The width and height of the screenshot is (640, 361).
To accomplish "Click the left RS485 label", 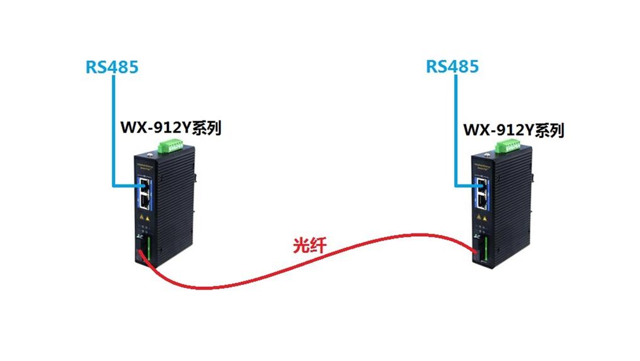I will click(x=112, y=67).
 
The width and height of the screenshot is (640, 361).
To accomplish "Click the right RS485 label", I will click(x=452, y=66).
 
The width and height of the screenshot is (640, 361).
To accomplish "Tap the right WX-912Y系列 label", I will click(x=513, y=130).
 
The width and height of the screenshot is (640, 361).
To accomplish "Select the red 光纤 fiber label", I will click(x=310, y=245).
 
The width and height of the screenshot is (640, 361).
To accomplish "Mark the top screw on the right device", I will click(x=487, y=154).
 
